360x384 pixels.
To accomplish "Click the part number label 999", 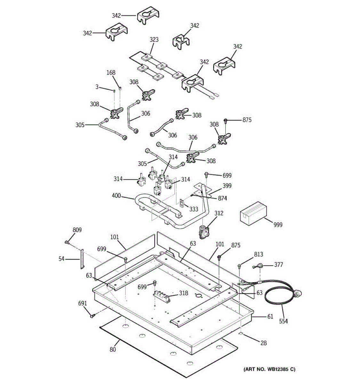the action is point(277,225).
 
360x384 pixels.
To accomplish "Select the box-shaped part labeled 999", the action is point(253,213).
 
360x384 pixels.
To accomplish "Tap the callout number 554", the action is point(283,321).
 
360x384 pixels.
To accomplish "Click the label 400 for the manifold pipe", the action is point(116,196).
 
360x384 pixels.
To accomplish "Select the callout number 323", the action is point(154,40).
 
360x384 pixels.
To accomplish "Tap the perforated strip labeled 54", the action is point(82,259).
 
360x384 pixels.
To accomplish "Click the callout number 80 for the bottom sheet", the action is point(113,349).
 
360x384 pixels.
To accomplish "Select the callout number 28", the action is point(263,343).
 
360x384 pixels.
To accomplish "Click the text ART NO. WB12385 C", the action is point(269,370).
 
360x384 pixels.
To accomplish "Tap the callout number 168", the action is point(111,73).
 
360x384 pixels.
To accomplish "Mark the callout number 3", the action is point(97,87).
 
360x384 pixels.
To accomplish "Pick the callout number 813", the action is point(259,254).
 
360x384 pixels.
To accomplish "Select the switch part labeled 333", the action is point(182,203).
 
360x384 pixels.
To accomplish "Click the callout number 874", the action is point(222,198).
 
